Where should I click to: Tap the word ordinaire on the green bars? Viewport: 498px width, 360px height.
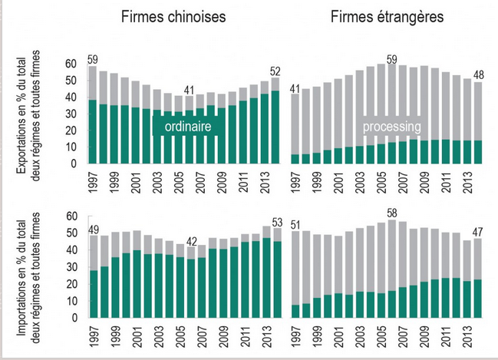pos(187,127)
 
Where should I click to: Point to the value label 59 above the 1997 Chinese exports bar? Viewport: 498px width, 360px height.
pos(92,60)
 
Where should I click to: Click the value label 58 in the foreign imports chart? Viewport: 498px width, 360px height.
pos(392,213)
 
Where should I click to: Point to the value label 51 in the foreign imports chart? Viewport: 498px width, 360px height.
pos(296,224)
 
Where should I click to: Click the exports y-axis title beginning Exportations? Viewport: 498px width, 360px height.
pos(31,114)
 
